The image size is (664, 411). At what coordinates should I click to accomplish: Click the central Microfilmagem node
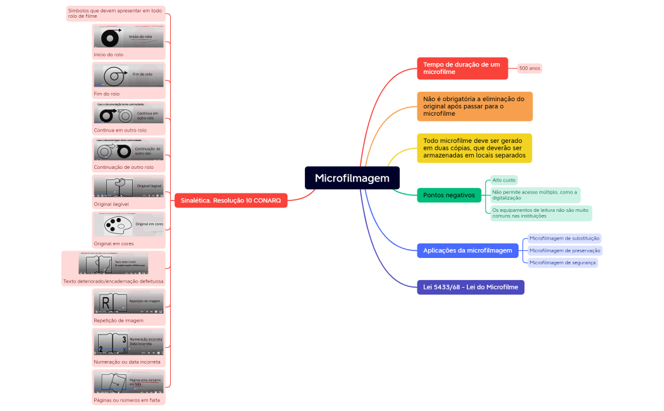coord(352,178)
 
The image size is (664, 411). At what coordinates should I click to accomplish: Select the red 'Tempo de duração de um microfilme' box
coord(462,68)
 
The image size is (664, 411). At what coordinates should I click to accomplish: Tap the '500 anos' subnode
coord(529,68)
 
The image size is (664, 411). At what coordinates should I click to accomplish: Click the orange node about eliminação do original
coord(474,106)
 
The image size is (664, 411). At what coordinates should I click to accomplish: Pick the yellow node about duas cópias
coord(474,148)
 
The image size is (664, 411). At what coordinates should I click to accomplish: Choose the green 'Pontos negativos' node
coord(449,195)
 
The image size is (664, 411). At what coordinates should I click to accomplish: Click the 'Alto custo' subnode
coord(504,180)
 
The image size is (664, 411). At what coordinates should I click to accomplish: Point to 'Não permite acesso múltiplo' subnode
coord(535,195)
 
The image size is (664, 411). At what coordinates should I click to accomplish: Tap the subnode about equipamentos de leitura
coord(541,213)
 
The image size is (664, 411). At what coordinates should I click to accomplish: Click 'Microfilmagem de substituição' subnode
coord(564,238)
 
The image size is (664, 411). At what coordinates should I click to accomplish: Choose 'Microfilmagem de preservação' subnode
coord(565,250)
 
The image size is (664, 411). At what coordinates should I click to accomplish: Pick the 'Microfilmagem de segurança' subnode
coord(562,262)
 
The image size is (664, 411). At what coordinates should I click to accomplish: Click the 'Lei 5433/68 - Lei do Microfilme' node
coord(470,287)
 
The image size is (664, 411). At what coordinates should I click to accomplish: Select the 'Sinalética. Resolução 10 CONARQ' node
coord(231,200)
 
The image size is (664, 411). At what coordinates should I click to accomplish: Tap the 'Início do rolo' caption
coord(109,55)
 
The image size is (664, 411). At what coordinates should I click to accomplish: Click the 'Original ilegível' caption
coord(111,204)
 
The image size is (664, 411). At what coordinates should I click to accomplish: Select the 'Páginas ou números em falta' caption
coord(126,400)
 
